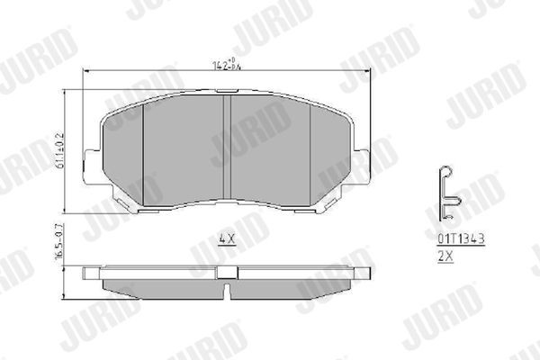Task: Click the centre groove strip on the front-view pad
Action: point(228,148)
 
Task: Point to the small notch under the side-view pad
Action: point(228,291)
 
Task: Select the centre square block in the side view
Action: point(228,272)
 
